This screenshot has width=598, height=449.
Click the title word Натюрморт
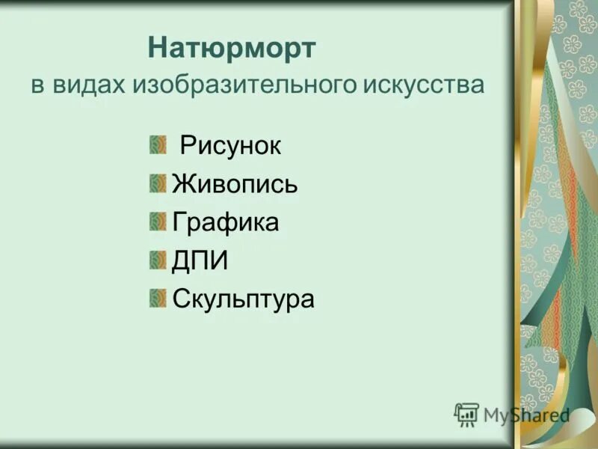(x=232, y=49)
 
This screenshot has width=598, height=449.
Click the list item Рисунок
(x=230, y=145)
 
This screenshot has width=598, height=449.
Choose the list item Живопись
(x=235, y=184)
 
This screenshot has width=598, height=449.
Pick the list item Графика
(x=225, y=222)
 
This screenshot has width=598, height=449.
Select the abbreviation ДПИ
(x=200, y=261)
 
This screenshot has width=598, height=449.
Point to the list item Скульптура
(x=243, y=299)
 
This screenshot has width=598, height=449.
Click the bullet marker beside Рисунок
(x=157, y=144)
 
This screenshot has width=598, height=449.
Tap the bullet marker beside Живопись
(x=157, y=183)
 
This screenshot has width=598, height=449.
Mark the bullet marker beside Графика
(x=157, y=222)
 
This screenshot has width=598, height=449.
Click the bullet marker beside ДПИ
(x=157, y=260)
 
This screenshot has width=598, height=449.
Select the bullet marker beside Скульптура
(x=157, y=299)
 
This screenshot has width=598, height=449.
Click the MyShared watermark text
(x=526, y=415)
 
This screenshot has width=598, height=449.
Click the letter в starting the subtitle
(x=37, y=85)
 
